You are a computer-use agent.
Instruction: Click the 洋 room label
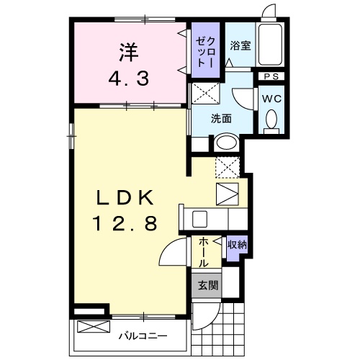point(129,52)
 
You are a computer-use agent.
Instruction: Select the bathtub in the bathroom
point(272,44)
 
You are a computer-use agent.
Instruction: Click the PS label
point(271,76)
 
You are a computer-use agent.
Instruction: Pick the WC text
point(271,99)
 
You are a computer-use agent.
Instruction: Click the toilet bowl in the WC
point(271,120)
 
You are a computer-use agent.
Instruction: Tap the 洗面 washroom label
point(220,119)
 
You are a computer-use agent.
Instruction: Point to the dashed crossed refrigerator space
point(227,167)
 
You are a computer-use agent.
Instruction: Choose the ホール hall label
point(204,253)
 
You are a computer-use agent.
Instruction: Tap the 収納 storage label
point(237,245)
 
